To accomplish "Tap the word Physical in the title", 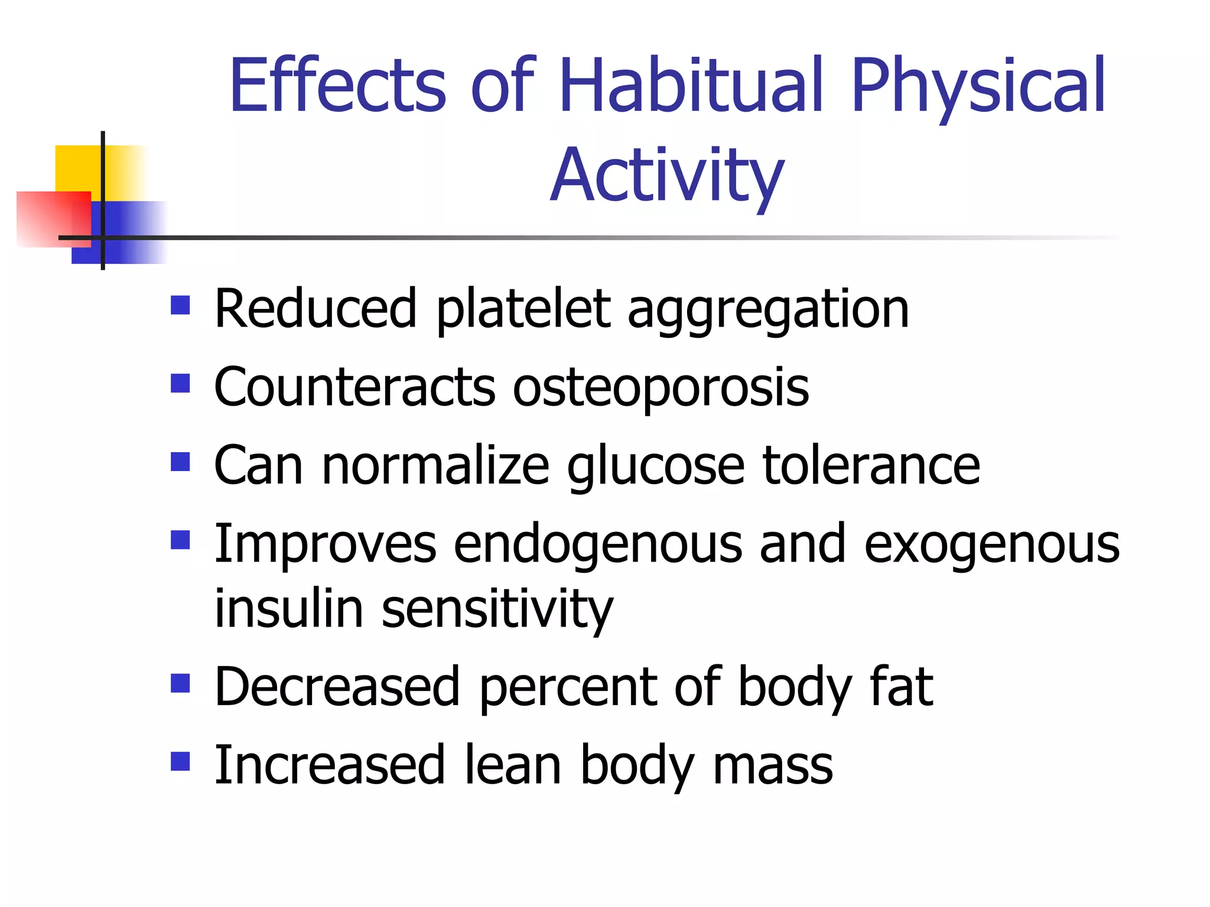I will [978, 86].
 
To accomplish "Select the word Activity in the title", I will [667, 177].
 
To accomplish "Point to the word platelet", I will [523, 310].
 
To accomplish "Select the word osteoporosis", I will [661, 388].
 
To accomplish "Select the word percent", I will [568, 689].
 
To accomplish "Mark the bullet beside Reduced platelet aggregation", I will [180, 305].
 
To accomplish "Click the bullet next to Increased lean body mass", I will [180, 761].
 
